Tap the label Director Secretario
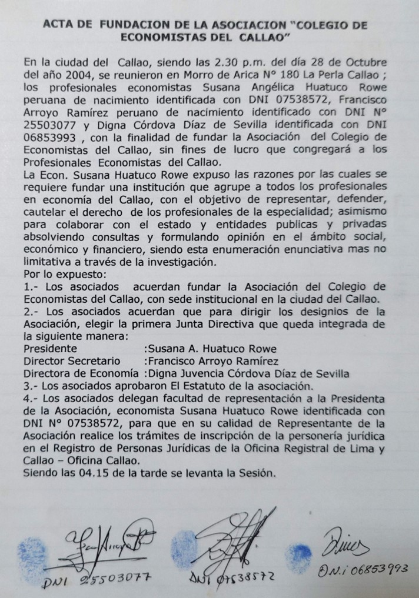click(72, 360)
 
